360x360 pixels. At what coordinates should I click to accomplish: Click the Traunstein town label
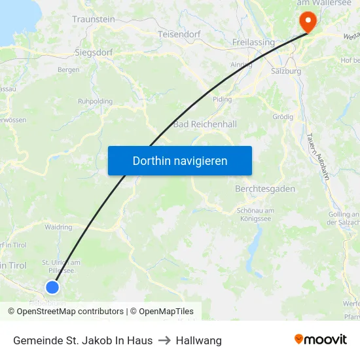[x=94, y=20]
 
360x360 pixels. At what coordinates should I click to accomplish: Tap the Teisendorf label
[x=179, y=34]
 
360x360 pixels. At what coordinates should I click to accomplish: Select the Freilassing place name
[x=253, y=42]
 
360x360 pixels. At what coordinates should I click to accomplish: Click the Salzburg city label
[x=286, y=71]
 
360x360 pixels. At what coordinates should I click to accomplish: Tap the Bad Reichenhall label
[x=205, y=124]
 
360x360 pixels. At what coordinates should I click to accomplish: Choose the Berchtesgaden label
[x=265, y=189]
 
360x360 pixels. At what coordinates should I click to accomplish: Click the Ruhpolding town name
[x=96, y=101]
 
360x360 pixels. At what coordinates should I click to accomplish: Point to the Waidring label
[x=58, y=227]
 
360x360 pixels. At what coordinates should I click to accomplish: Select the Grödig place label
[x=283, y=117]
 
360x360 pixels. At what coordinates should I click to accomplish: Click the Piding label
[x=223, y=99]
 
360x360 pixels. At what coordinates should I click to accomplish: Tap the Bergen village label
[x=69, y=69]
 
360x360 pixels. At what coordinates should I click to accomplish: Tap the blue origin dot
[x=52, y=287]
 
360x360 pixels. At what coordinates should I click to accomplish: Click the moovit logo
[x=321, y=339]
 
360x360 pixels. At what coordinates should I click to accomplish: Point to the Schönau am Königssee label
[x=255, y=214]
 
